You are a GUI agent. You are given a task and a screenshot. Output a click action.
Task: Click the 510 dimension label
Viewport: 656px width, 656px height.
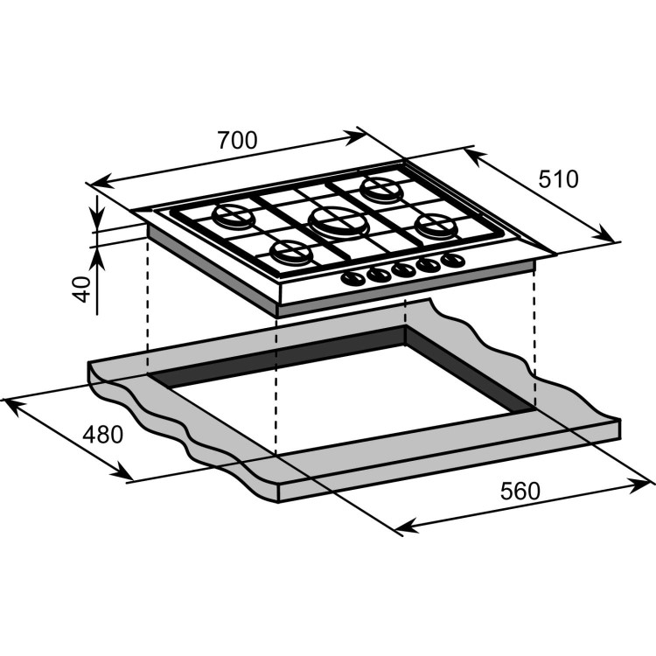558,179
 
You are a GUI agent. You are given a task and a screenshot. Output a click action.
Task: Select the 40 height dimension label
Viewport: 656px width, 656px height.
82,289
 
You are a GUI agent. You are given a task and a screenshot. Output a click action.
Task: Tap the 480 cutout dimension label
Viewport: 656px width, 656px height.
103,434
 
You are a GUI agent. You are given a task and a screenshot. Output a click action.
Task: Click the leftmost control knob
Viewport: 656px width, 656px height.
352,278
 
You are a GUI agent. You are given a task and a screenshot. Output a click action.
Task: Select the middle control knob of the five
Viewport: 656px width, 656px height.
403,269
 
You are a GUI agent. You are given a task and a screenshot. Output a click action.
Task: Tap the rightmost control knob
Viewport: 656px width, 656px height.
451,260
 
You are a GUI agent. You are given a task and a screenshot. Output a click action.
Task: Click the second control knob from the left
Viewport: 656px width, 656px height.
379,274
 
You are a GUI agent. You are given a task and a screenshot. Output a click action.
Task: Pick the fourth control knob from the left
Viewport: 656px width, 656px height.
429,264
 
